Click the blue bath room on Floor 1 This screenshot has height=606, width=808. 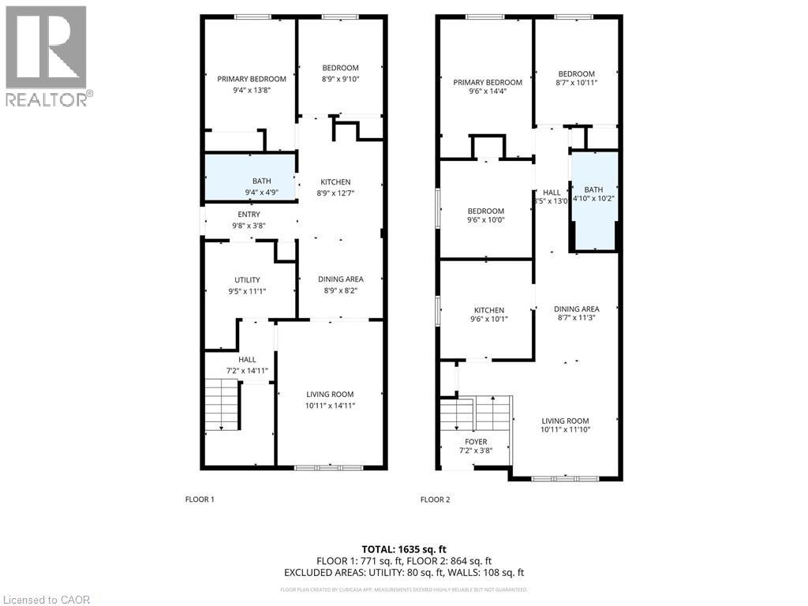[250, 178]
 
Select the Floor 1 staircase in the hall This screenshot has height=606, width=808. [221, 405]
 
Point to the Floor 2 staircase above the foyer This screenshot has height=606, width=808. [476, 411]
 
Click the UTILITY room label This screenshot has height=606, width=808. [247, 280]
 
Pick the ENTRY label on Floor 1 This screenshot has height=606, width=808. [249, 214]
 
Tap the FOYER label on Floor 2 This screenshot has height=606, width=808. [476, 442]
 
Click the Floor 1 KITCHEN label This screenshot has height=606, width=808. [335, 182]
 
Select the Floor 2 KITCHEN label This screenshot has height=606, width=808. [489, 310]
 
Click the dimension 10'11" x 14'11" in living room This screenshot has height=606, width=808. [330, 406]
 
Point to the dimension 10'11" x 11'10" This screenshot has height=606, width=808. [565, 430]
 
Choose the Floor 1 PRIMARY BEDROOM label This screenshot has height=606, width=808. [252, 79]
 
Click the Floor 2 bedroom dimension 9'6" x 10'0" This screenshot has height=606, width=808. [486, 220]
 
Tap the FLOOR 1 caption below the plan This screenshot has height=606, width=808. [200, 499]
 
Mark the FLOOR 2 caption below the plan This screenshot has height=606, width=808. [435, 499]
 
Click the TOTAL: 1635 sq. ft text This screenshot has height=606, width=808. [403, 548]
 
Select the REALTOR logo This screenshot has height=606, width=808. [47, 55]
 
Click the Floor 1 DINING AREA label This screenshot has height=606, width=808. [340, 279]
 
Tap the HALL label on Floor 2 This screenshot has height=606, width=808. [552, 192]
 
